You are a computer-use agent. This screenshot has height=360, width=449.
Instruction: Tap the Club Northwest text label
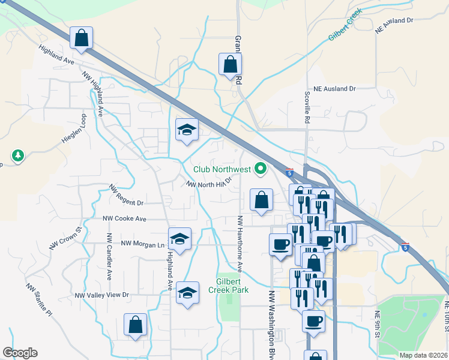(221, 170)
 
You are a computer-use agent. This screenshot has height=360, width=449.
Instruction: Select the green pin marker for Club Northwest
(261, 170)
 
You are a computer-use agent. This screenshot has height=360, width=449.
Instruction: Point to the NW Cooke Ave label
(124, 219)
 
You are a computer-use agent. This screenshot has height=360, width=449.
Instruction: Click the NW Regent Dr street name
(127, 196)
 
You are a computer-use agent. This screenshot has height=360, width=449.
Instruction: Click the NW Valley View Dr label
(102, 295)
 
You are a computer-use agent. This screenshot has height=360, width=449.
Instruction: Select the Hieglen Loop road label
(74, 129)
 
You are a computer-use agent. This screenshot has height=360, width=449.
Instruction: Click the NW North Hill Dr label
(208, 184)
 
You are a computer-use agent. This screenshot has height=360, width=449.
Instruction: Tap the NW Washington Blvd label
(271, 325)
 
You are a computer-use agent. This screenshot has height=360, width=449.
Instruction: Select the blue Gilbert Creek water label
(345, 25)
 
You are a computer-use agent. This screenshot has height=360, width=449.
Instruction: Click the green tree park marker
(19, 156)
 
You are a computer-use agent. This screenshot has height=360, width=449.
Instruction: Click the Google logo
(20, 353)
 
